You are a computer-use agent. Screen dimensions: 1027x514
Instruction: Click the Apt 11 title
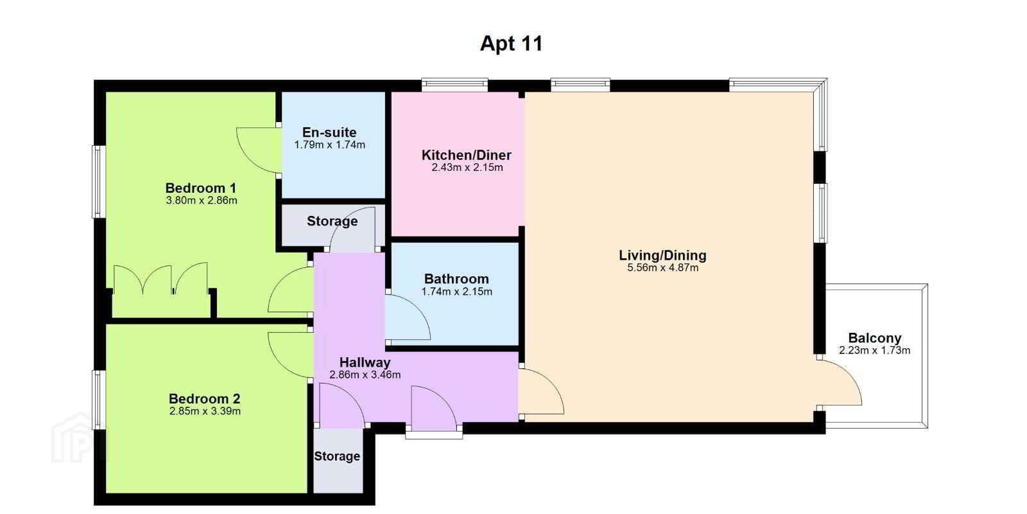511,44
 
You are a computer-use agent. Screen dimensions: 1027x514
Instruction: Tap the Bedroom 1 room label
201,188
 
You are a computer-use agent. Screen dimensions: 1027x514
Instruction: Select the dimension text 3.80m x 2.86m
202,200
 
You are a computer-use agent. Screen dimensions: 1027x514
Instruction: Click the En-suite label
329,132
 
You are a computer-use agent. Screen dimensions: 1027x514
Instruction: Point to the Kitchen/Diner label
467,155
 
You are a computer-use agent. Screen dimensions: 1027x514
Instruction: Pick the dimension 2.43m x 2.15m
467,168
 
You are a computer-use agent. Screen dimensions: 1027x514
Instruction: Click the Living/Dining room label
662,255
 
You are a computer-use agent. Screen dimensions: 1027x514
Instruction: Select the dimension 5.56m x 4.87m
663,267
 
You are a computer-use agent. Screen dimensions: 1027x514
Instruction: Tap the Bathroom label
456,279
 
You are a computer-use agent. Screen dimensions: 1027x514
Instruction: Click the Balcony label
875,338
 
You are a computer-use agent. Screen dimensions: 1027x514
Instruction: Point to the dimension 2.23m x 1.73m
875,351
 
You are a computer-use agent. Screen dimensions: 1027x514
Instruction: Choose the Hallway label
365,362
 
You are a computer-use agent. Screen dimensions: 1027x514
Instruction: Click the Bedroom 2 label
205,398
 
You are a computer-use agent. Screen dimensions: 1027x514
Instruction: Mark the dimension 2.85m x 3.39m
205,411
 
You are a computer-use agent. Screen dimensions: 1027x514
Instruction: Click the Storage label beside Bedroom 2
337,456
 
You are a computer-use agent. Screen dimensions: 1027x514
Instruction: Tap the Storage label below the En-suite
332,221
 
